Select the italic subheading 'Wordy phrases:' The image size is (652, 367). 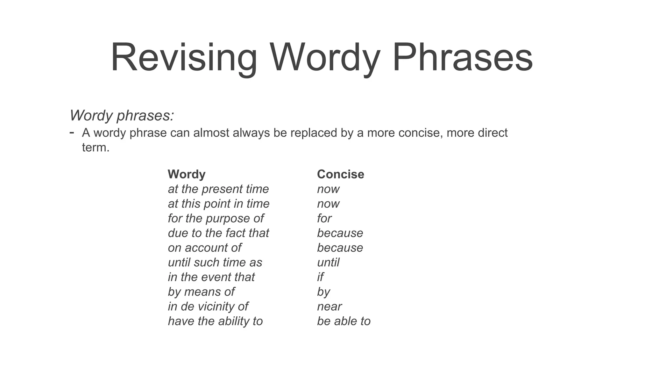tap(122, 115)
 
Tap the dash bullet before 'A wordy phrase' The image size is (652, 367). tap(72, 132)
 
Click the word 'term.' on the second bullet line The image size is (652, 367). tap(96, 148)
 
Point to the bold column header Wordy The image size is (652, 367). tap(187, 174)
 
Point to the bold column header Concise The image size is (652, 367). tap(340, 174)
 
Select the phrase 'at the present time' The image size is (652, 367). tap(218, 189)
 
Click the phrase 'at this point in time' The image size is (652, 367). tap(219, 204)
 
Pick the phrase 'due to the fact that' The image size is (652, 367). tap(218, 233)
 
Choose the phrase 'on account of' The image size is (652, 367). tap(205, 248)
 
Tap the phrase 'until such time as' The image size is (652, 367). tap(215, 262)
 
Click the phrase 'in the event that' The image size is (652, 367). tap(211, 277)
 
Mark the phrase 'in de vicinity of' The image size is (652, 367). tap(208, 306)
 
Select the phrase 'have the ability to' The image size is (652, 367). tap(215, 321)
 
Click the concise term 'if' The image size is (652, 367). tap(320, 277)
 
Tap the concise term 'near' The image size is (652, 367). tap(329, 306)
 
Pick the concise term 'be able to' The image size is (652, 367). tap(344, 321)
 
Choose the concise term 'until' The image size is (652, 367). tap(328, 262)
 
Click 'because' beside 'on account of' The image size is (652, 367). tap(340, 248)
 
